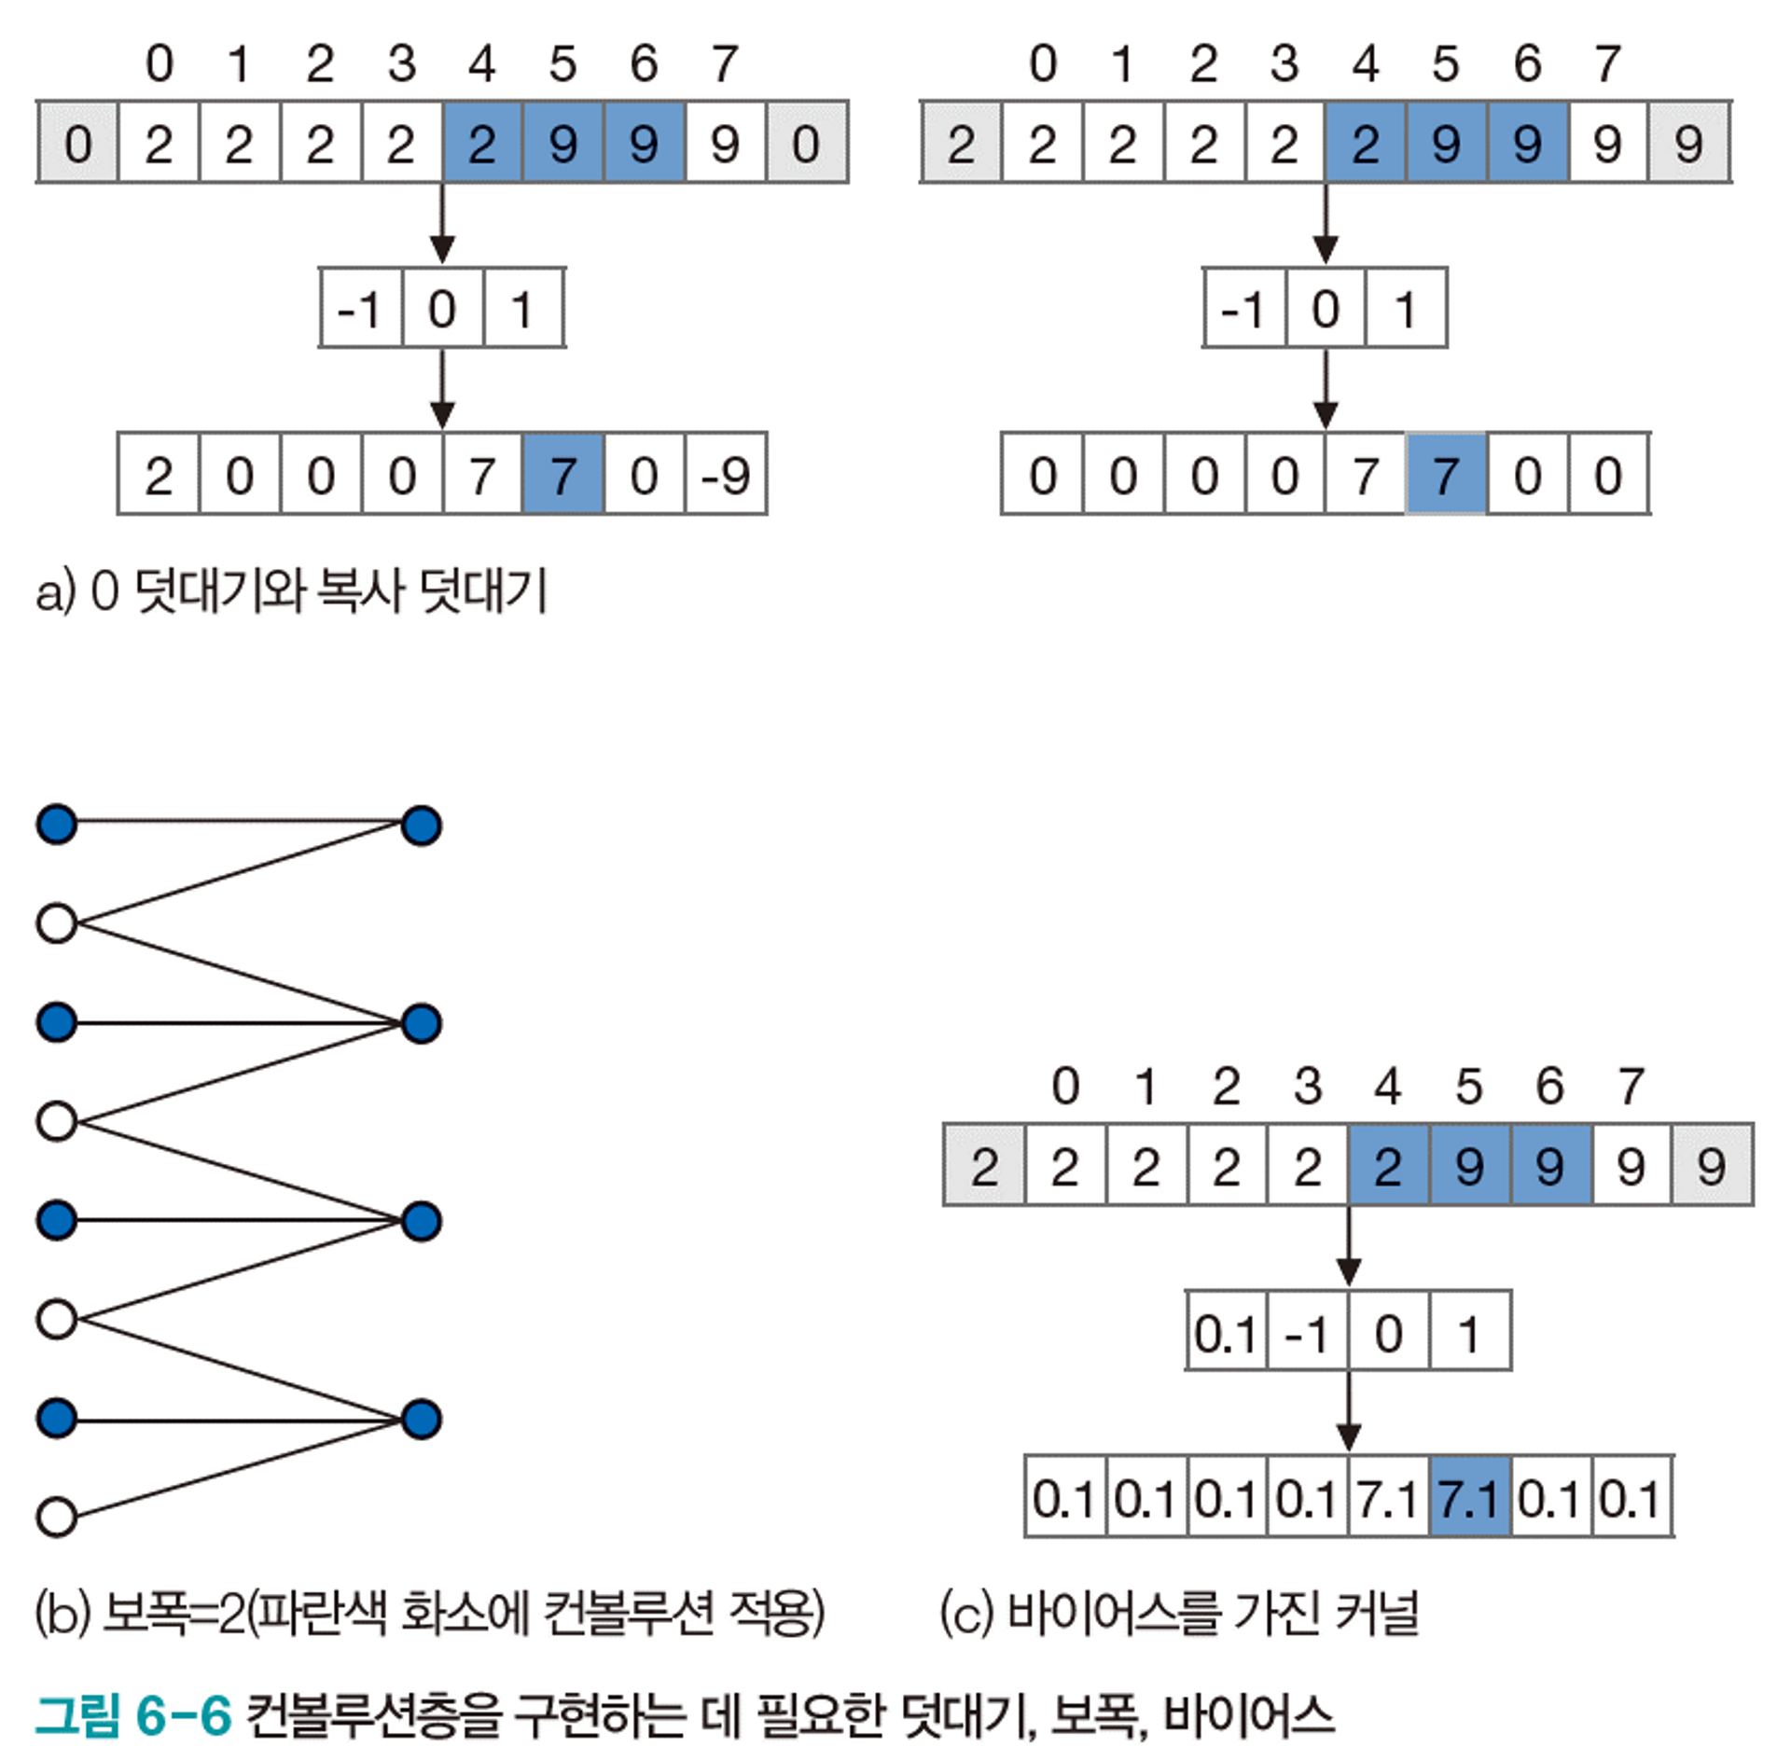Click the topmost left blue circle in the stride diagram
click(x=57, y=825)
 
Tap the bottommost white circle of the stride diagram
click(x=57, y=1516)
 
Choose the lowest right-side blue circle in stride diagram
click(x=422, y=1419)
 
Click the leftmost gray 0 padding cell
click(x=77, y=143)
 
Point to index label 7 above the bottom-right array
click(x=1630, y=1087)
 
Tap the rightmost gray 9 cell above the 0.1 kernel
click(x=1711, y=1166)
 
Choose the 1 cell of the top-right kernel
click(x=1406, y=309)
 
